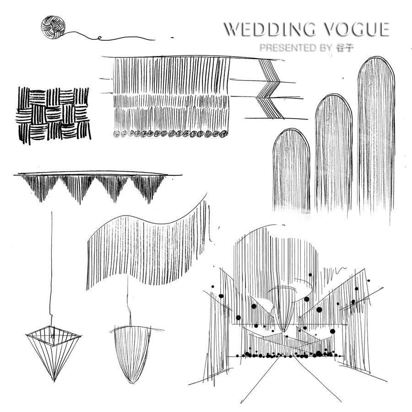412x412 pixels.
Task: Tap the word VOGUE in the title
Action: pyautogui.click(x=357, y=29)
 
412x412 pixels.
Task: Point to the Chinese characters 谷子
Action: pyautogui.click(x=345, y=48)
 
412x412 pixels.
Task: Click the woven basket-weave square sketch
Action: pyautogui.click(x=53, y=113)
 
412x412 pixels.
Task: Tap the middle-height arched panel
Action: pyautogui.click(x=333, y=151)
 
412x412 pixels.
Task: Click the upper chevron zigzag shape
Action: pyautogui.click(x=270, y=78)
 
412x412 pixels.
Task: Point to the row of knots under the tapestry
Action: pyautogui.click(x=169, y=134)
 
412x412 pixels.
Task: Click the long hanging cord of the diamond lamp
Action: pyautogui.click(x=52, y=266)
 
